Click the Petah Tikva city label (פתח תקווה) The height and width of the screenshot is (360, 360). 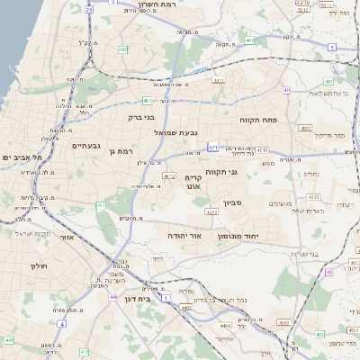coord(258,119)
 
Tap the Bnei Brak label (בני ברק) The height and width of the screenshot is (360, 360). coord(142,116)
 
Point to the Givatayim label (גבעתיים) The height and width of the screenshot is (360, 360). coord(86,145)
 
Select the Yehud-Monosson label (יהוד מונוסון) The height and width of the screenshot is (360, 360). coord(238,235)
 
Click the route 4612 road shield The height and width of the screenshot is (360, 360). coord(169,177)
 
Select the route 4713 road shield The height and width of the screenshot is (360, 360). coord(262,150)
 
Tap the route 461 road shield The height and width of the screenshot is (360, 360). coord(100,205)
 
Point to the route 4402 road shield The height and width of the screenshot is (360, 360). coord(187,308)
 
